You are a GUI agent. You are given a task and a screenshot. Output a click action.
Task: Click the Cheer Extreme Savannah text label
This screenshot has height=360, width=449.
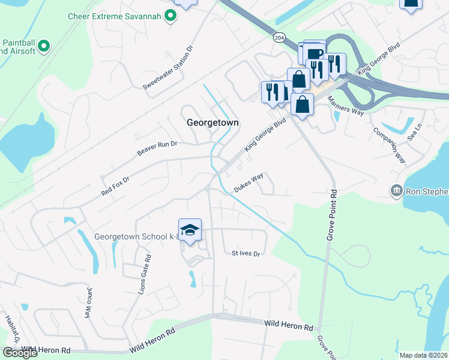(x=115, y=16)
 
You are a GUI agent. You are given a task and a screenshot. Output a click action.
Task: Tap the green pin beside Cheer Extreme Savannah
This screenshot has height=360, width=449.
(x=170, y=16)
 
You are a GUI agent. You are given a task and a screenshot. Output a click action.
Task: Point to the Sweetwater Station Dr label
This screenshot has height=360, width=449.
(x=169, y=67)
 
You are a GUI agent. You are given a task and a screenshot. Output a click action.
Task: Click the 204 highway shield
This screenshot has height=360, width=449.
(x=279, y=37)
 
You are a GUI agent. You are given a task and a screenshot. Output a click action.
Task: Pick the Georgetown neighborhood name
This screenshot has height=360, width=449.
(x=212, y=122)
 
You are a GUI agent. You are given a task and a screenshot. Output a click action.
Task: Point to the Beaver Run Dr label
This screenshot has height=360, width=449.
(x=157, y=148)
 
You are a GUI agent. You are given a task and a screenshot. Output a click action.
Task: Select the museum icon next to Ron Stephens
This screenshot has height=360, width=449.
(x=396, y=191)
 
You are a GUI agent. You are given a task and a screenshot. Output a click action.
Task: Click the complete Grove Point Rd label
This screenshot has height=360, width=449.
(x=332, y=215)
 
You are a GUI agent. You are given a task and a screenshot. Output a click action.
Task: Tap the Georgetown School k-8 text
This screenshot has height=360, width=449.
(x=137, y=236)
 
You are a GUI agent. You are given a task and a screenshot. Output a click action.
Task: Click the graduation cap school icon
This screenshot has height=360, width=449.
(x=190, y=230)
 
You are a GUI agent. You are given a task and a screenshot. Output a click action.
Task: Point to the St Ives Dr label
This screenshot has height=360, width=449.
(x=246, y=253)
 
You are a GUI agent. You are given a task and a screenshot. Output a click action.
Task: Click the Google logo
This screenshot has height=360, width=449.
(x=20, y=352)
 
